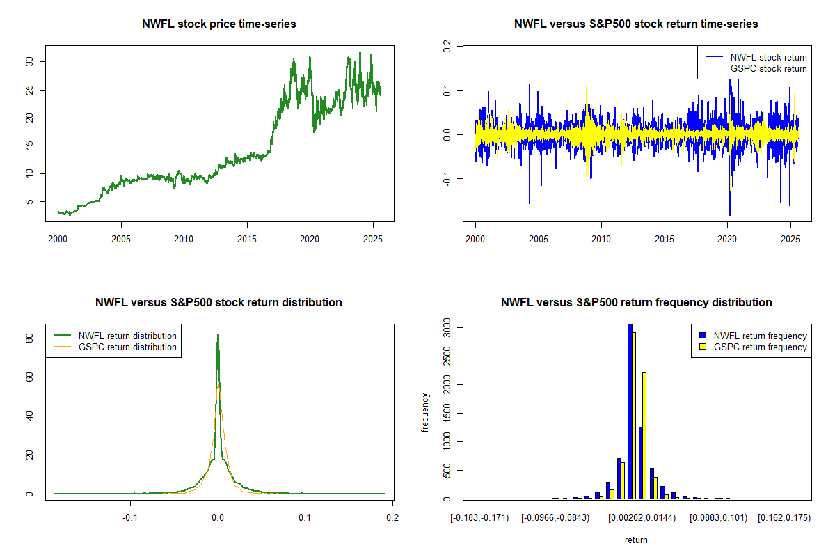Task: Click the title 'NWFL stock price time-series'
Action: click(x=219, y=24)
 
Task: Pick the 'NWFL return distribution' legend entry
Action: click(x=127, y=336)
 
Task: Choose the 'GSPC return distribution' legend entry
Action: click(x=127, y=347)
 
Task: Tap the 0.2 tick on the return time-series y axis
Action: click(x=447, y=46)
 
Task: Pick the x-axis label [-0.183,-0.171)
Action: click(x=479, y=518)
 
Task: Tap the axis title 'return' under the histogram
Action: click(x=636, y=540)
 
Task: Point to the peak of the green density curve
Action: click(x=218, y=335)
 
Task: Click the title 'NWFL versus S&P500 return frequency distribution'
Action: click(x=636, y=303)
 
